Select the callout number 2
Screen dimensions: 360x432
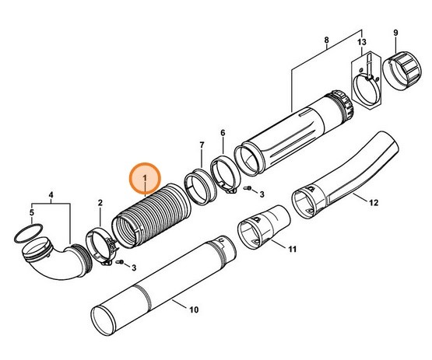point(100,203)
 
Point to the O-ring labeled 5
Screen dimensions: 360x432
point(26,234)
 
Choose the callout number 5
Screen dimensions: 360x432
point(32,211)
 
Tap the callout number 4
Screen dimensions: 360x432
point(52,194)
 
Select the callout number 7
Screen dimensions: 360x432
point(201,145)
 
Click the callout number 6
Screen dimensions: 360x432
point(223,133)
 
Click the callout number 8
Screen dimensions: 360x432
point(326,40)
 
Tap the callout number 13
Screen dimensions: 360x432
point(360,41)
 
